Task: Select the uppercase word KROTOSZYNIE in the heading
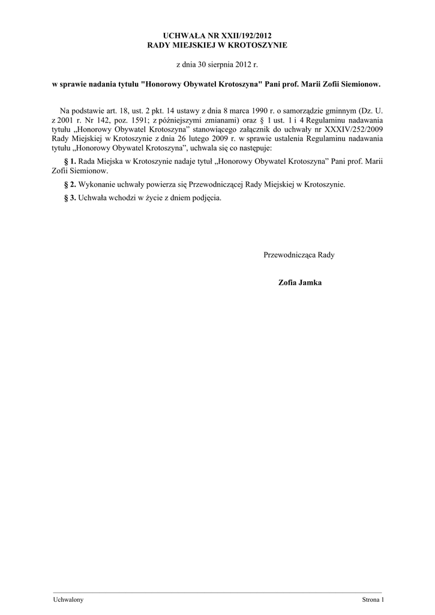coord(254,45)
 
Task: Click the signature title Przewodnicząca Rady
coord(299,255)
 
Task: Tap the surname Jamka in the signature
coord(310,282)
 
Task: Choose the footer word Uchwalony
coord(68,600)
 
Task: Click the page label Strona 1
coord(372,600)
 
